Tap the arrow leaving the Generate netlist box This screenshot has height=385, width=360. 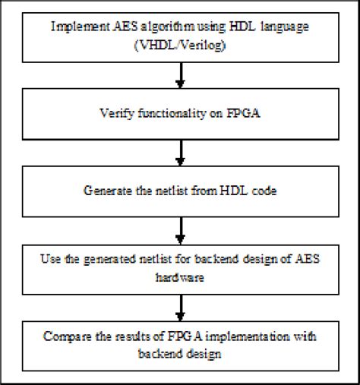click(x=181, y=226)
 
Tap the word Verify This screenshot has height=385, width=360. click(x=113, y=114)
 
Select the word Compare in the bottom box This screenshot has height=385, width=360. click(x=67, y=335)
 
